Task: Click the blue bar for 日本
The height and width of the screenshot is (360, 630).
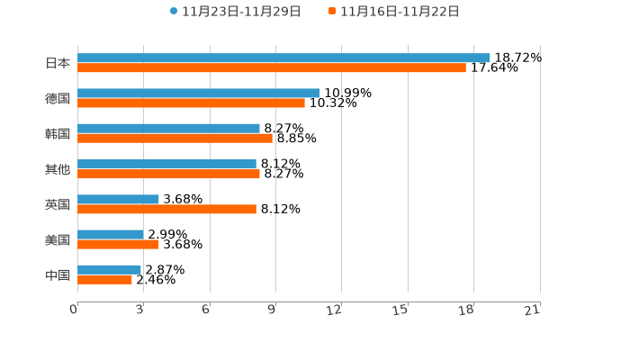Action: (283, 58)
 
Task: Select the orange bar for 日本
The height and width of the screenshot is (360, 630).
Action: (272, 67)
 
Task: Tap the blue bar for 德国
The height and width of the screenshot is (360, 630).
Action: (198, 93)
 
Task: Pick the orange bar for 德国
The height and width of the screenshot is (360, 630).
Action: (191, 103)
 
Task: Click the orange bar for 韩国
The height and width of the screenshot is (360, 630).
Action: (175, 138)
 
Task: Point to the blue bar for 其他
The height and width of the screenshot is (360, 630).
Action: (166, 164)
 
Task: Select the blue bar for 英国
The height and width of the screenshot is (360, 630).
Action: (118, 199)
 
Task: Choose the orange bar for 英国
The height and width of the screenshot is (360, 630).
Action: (166, 209)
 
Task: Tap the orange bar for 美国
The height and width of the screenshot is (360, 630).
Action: (118, 244)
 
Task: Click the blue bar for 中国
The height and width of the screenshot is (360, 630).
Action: (109, 269)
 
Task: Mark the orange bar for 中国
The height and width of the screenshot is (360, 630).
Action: (104, 279)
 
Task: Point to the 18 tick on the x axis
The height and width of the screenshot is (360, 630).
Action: (466, 310)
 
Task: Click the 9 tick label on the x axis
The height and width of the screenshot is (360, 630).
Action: (272, 310)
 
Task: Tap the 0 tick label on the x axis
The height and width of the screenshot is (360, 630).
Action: (74, 310)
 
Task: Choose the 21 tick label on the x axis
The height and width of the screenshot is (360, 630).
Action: (532, 310)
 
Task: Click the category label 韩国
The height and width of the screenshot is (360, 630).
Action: (58, 133)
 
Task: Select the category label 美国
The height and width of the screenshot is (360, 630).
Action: (58, 239)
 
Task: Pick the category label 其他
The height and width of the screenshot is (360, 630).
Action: (58, 168)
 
